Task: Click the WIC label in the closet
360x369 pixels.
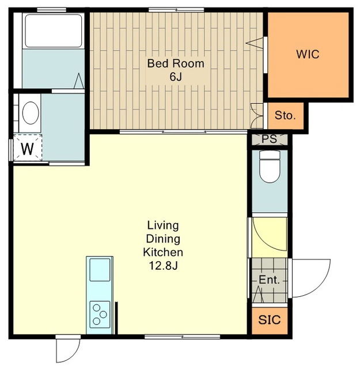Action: tap(308, 54)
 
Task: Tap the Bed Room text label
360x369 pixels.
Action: tap(176, 63)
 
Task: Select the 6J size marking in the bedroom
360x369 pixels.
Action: tap(176, 77)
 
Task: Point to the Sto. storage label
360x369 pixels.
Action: tap(285, 115)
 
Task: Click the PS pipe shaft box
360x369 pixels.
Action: tap(270, 139)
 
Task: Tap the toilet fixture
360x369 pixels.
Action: tap(270, 167)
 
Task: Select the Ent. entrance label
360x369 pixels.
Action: tap(269, 280)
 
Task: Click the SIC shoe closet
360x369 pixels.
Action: tap(270, 320)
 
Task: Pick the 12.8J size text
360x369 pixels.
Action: tap(163, 266)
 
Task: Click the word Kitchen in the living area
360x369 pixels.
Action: tap(163, 253)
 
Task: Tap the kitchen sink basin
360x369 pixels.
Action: tap(100, 270)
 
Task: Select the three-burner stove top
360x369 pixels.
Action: tap(100, 314)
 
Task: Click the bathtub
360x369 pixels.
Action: tap(54, 31)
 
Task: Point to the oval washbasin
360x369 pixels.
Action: tap(31, 113)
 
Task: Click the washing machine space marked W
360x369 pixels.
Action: tap(28, 148)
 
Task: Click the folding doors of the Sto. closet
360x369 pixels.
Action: tap(256, 116)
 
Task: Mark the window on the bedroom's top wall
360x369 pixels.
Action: tap(176, 10)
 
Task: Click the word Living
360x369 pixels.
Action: tap(163, 225)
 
